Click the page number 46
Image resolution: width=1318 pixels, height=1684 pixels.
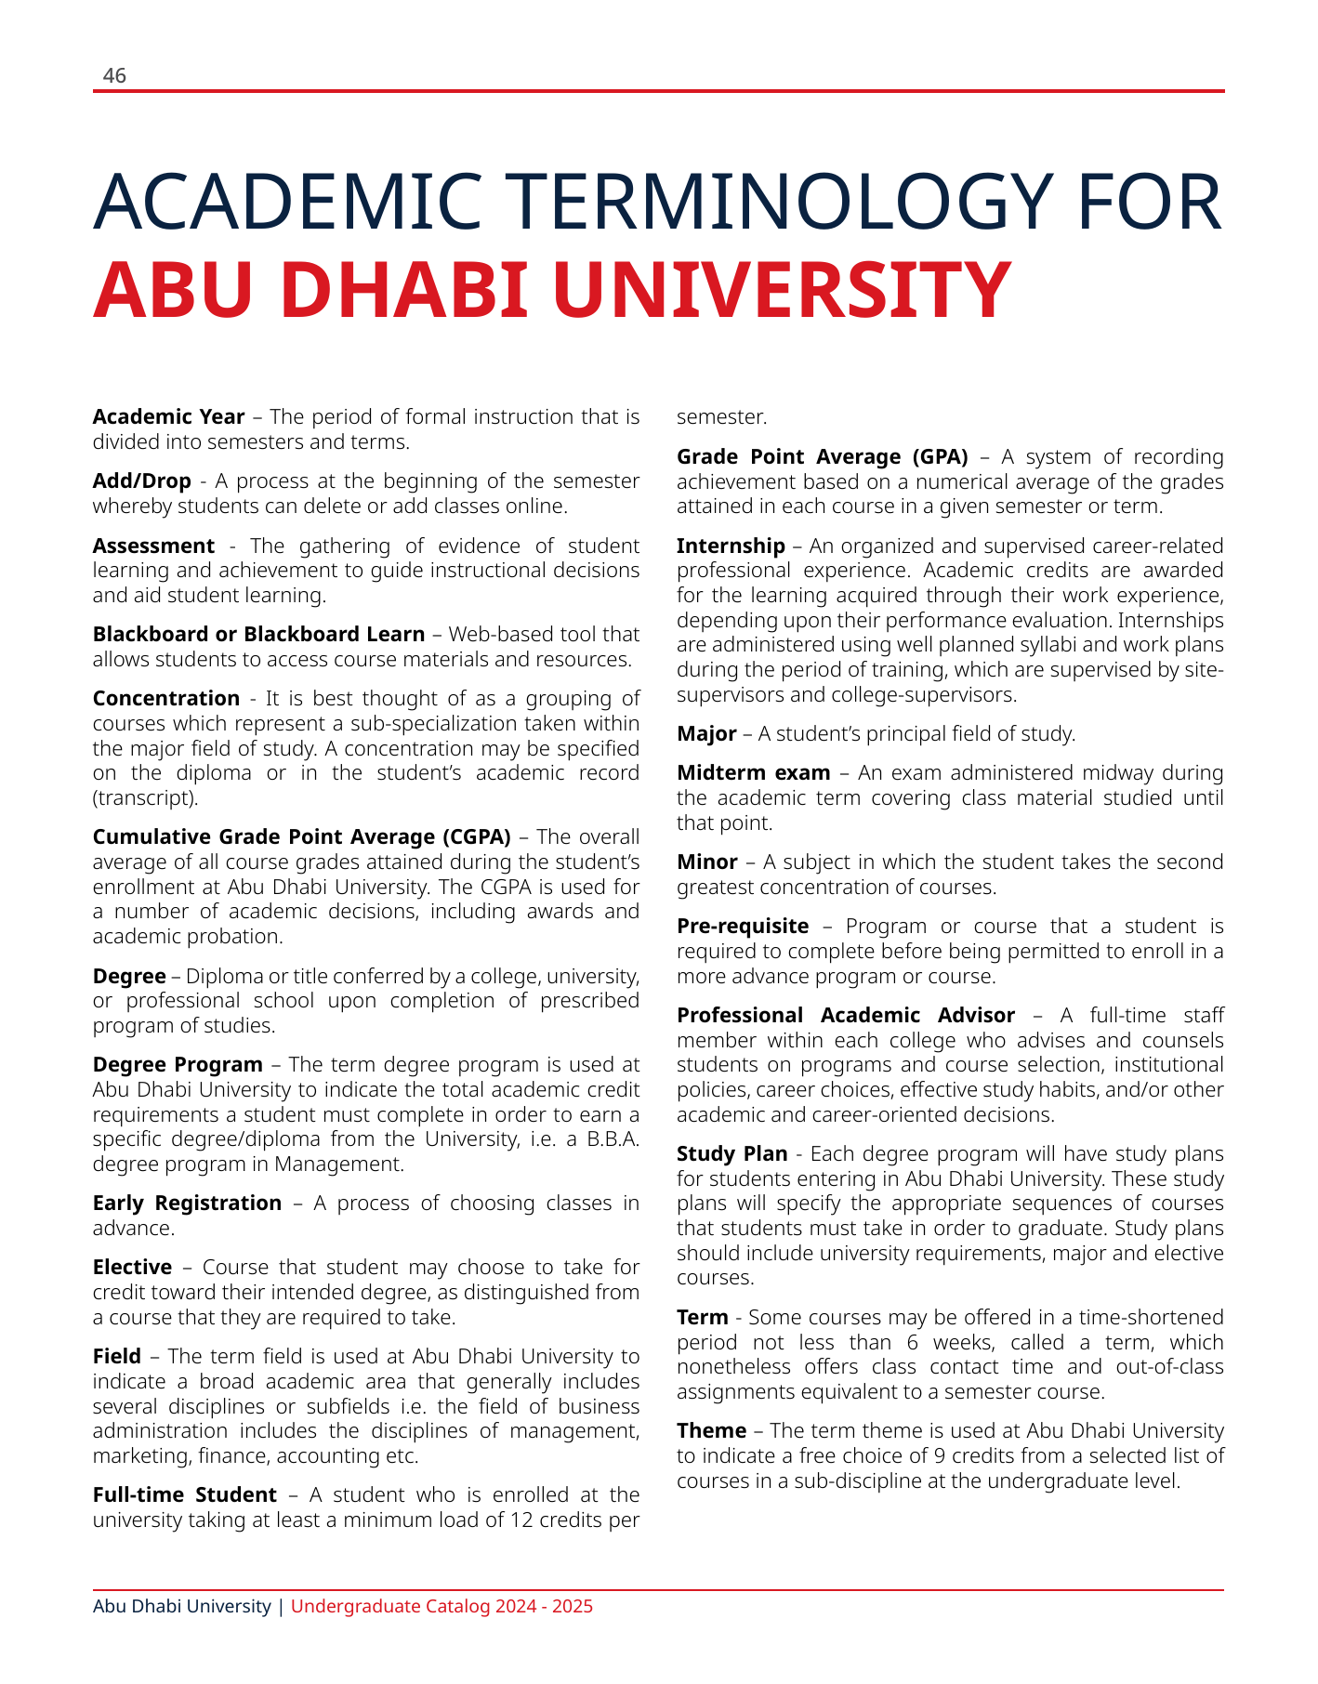point(114,76)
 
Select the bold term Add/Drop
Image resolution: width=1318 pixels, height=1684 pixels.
point(141,481)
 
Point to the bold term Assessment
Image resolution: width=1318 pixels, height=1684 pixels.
point(153,546)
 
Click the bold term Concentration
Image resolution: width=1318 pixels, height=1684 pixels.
point(166,699)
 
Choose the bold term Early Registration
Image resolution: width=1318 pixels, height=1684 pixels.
point(187,1204)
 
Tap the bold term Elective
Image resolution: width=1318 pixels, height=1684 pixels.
point(132,1268)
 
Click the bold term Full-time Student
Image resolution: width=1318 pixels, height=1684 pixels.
point(184,1495)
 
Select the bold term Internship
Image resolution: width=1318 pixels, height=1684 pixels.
point(731,546)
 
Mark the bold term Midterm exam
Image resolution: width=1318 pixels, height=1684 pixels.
point(753,773)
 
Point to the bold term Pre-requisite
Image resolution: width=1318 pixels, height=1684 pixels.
point(743,927)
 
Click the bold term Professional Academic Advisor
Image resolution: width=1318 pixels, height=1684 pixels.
point(845,1016)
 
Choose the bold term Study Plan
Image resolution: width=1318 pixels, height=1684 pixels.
point(731,1154)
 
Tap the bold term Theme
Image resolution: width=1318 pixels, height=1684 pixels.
point(711,1431)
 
